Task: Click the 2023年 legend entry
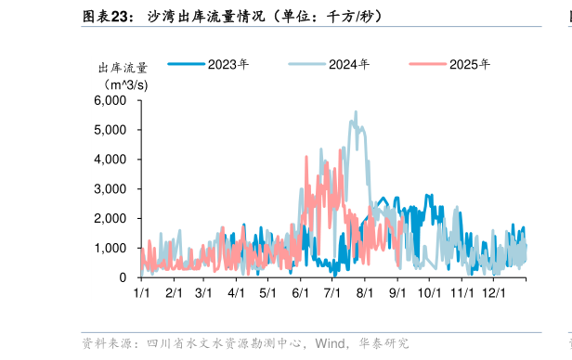[x=227, y=64]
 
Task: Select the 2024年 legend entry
[x=348, y=64]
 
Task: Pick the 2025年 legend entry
[x=469, y=64]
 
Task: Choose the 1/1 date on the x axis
[x=142, y=293]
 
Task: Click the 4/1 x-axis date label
[x=236, y=293]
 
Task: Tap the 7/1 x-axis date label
[x=331, y=293]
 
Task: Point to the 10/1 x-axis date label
[x=429, y=293]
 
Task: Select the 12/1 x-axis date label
[x=492, y=293]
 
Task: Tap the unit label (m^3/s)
[x=123, y=84]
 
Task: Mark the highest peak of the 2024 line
[x=356, y=112]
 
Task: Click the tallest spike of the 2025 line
[x=306, y=157]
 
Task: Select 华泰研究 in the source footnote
[x=383, y=343]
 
